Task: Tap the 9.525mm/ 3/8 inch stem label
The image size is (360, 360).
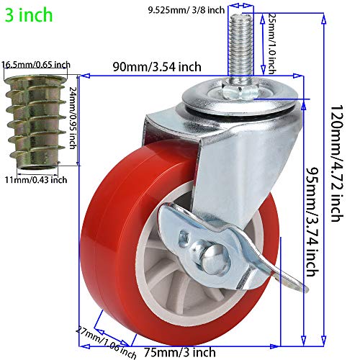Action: click(x=186, y=9)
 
